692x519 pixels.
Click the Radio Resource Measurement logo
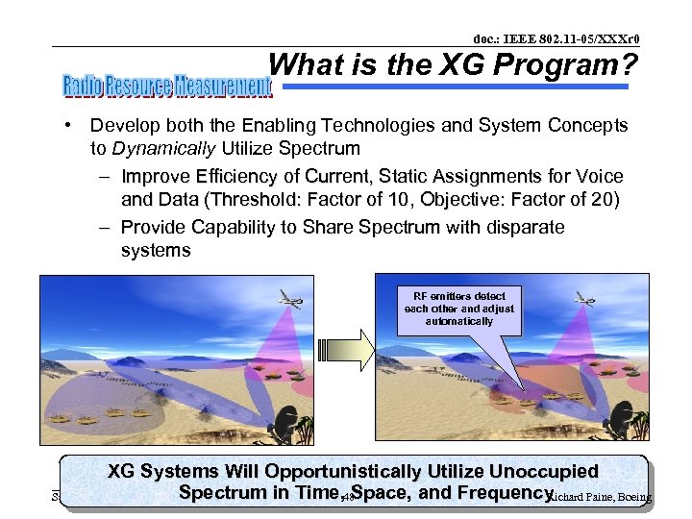[168, 86]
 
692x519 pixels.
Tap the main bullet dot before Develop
[70, 126]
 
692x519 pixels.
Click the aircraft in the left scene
[285, 299]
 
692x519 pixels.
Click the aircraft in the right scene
[583, 299]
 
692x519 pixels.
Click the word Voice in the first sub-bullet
[600, 177]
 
